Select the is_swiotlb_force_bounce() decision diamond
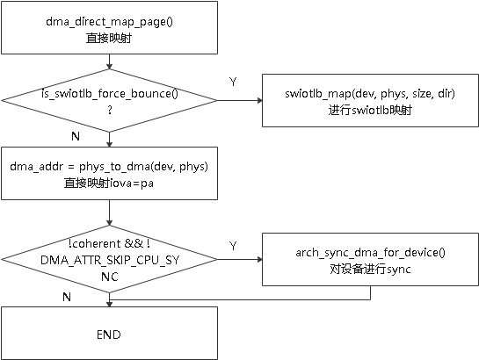click(x=108, y=100)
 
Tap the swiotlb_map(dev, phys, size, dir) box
click(x=369, y=100)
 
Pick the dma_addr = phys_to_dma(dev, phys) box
click(x=108, y=172)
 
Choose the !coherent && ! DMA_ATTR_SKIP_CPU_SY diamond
click(x=108, y=260)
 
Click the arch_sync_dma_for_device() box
click(x=369, y=260)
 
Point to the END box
click(x=108, y=335)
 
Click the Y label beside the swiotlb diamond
click(x=233, y=82)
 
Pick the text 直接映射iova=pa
click(x=108, y=183)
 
